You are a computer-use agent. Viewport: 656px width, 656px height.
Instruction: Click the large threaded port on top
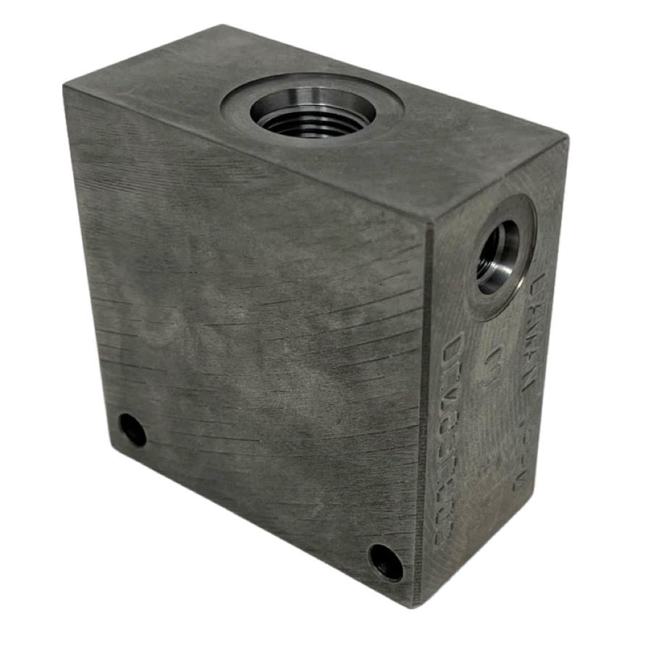311,113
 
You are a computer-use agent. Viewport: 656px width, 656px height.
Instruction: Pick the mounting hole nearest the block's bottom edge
385,562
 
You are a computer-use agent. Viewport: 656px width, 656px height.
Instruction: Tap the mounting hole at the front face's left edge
133,430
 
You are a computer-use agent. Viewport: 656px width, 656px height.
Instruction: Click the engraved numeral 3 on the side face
495,358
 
